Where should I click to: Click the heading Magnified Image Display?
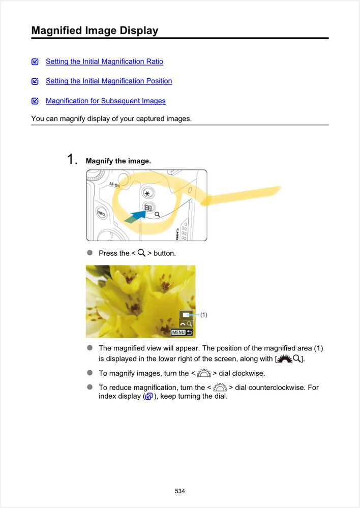tap(95, 31)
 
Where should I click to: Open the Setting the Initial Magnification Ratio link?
tap(104, 62)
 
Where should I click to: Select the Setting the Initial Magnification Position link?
tap(109, 81)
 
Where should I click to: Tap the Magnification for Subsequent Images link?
tap(106, 101)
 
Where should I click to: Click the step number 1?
tap(72, 159)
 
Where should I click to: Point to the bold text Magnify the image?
tap(118, 161)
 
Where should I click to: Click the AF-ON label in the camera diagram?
tap(114, 185)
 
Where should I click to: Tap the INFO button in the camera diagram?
tap(101, 213)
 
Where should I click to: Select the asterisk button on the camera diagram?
tap(148, 194)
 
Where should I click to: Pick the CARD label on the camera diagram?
tap(177, 234)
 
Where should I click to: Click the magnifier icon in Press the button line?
tap(141, 253)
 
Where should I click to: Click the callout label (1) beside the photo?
tap(203, 315)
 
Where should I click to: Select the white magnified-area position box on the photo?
tap(186, 315)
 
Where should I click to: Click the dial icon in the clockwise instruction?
tap(204, 373)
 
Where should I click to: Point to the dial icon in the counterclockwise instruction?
tap(220, 387)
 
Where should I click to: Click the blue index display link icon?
tap(149, 396)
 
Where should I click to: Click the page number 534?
tap(180, 491)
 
